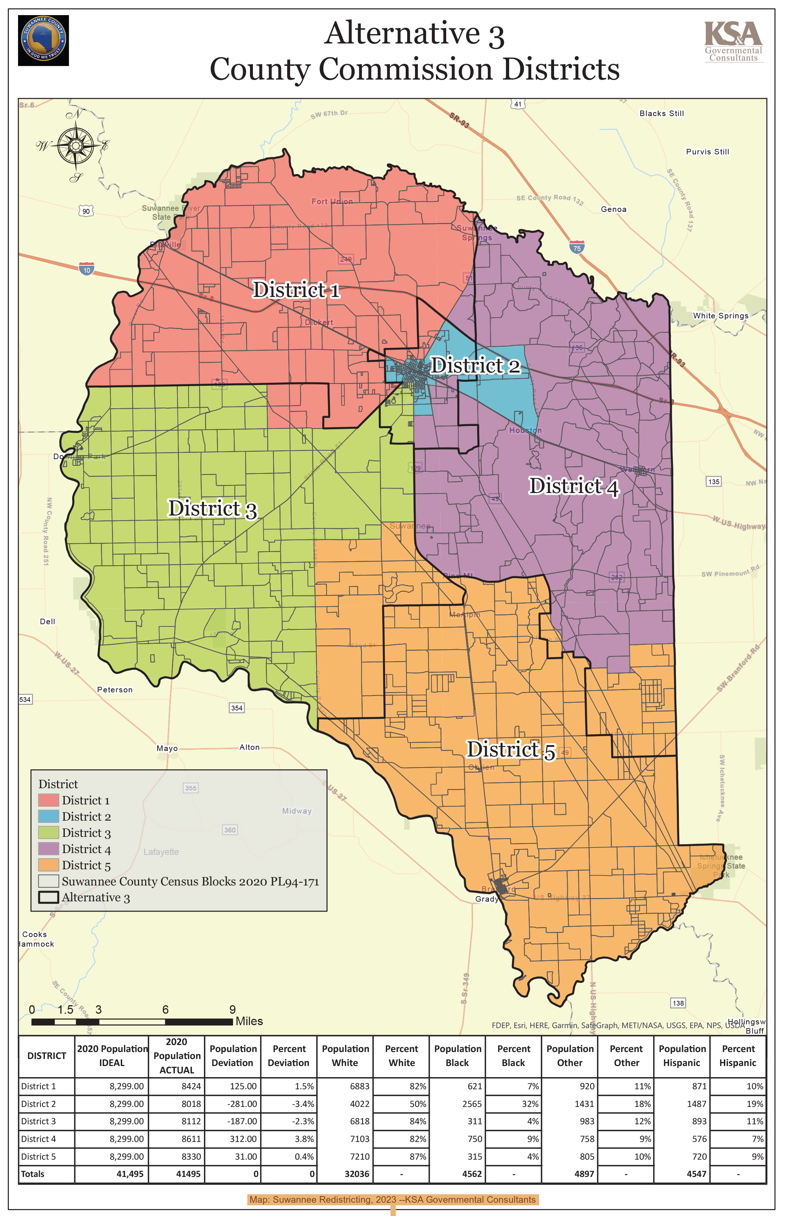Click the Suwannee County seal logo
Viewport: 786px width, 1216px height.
click(x=43, y=40)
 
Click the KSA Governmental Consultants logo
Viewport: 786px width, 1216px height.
click(x=733, y=41)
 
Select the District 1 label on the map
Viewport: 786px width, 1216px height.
click(x=296, y=290)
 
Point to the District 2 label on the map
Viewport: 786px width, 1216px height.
click(x=475, y=366)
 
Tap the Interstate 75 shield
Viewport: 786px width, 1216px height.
click(x=577, y=248)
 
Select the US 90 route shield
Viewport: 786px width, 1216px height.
click(x=86, y=211)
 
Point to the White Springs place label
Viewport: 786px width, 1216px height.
click(x=720, y=316)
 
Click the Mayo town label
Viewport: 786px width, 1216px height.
click(x=167, y=748)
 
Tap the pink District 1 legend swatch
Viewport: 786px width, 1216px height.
click(x=49, y=800)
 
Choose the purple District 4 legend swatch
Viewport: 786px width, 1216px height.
click(x=49, y=848)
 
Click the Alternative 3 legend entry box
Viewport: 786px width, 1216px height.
click(x=49, y=897)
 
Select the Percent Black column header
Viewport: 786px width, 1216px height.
click(x=514, y=1056)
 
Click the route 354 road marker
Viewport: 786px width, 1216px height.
click(x=236, y=708)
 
